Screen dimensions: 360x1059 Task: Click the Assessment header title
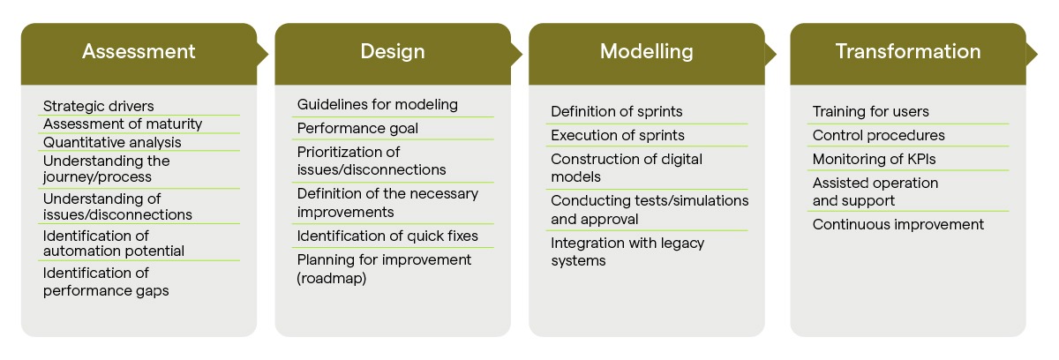[139, 51]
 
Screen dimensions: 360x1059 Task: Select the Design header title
[393, 51]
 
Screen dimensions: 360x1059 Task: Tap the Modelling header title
[647, 51]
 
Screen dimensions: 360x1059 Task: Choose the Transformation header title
[908, 51]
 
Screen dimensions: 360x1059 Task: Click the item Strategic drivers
[98, 107]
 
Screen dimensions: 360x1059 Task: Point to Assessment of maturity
[123, 124]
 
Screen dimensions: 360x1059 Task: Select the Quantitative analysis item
[112, 142]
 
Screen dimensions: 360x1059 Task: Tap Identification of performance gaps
[106, 281]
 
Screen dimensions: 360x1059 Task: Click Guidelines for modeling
[378, 105]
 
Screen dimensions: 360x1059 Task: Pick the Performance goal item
[357, 129]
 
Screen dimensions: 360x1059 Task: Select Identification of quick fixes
[387, 236]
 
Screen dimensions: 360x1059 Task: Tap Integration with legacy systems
[627, 251]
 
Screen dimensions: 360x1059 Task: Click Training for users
[870, 112]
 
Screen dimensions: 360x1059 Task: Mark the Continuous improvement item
[898, 225]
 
